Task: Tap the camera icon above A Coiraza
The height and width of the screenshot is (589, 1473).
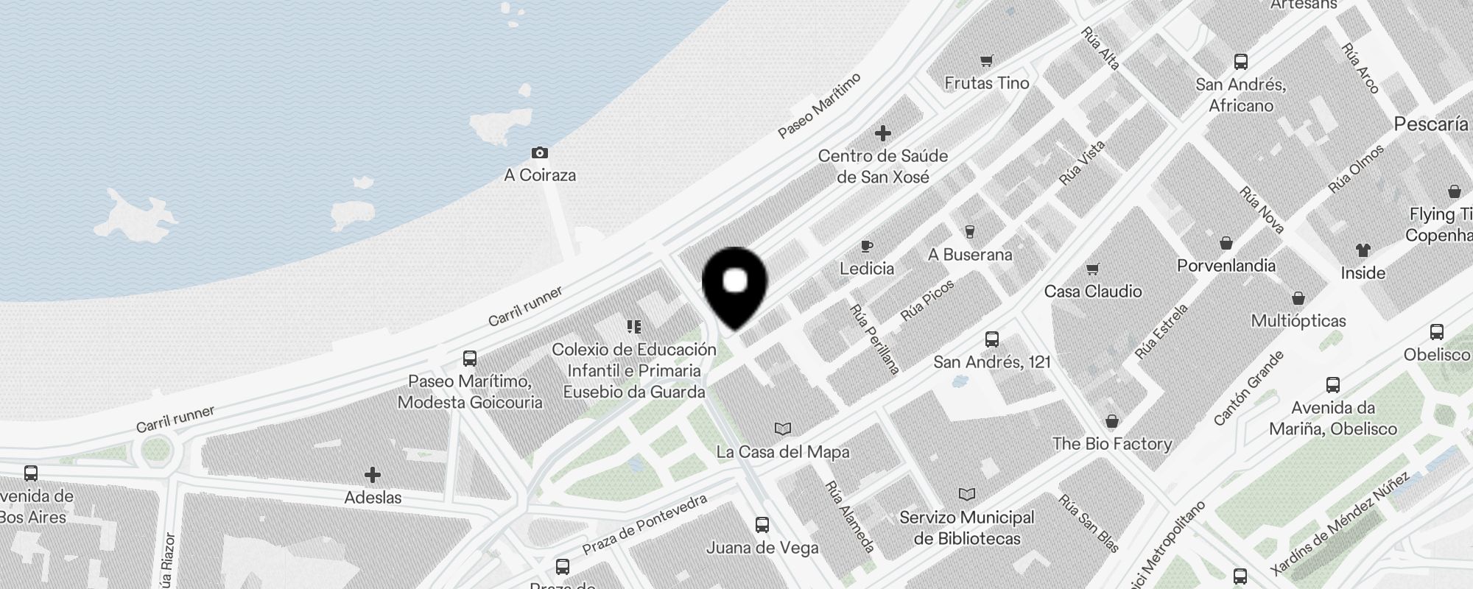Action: pos(540,152)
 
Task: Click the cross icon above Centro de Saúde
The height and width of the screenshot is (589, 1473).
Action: pos(882,133)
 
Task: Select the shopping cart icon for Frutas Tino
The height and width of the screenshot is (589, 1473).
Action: pos(986,61)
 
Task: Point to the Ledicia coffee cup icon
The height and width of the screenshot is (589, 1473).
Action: pos(867,246)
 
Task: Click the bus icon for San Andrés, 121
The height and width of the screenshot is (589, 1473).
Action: pos(991,339)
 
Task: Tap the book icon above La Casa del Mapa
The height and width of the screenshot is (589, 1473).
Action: pos(782,428)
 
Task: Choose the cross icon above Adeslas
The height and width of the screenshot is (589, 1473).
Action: pos(373,475)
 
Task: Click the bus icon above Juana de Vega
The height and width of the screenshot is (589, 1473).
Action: pos(762,525)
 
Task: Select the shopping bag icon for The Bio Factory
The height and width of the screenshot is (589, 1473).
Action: pos(1111,421)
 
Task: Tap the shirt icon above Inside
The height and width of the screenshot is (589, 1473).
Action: pos(1363,250)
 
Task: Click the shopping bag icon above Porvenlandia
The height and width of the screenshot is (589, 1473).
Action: pos(1226,243)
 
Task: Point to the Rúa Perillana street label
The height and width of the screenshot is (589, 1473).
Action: pos(874,339)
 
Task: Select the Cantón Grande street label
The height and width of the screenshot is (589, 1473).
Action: pos(1248,388)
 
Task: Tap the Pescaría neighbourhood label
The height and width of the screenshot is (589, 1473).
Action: pos(1430,124)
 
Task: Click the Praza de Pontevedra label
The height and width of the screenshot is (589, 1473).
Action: pos(644,524)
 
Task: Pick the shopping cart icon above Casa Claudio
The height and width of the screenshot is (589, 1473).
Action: pos(1093,269)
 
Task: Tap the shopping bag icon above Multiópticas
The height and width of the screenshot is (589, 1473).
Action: pos(1298,298)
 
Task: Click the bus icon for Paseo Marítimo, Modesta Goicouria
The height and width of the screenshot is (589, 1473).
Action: pos(469,359)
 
